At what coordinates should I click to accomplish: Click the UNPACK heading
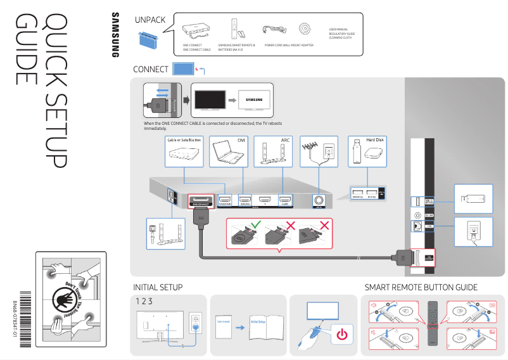point(150,20)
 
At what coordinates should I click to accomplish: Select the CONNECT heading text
point(151,69)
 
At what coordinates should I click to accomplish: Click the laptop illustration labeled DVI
point(225,151)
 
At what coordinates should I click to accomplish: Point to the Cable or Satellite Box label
point(184,139)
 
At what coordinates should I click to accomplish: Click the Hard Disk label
point(376,139)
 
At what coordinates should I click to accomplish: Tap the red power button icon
point(342,334)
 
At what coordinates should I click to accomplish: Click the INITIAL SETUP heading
point(158,287)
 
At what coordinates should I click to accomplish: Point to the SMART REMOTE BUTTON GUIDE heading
point(421,287)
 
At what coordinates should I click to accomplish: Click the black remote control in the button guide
point(433,323)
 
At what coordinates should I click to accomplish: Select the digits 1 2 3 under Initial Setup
point(145,300)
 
